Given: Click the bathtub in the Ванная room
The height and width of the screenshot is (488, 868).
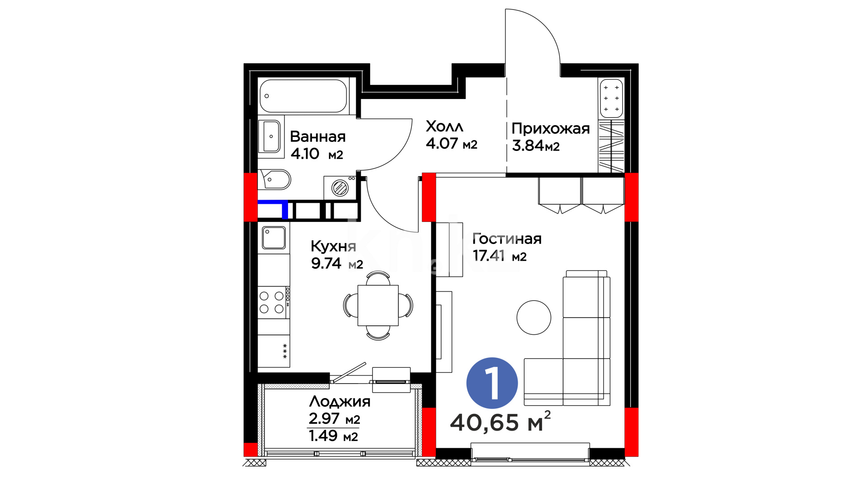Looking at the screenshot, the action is [x=303, y=96].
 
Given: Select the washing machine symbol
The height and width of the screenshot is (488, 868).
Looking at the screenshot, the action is [x=340, y=188].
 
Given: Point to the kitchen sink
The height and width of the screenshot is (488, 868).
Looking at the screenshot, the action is [x=274, y=238].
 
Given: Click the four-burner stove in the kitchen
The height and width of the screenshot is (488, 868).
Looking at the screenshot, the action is [x=274, y=302].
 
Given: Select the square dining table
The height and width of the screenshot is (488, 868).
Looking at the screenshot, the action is [x=378, y=305].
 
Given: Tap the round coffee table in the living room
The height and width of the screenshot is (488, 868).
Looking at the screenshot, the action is [x=534, y=318].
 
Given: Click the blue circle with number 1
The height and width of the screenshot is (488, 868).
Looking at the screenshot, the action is [x=492, y=383].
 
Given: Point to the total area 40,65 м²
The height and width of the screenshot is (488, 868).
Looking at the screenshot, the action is [x=500, y=422].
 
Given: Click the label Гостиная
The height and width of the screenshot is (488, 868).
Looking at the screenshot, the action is [x=507, y=239].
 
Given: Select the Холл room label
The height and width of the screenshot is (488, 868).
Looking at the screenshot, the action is [x=444, y=127].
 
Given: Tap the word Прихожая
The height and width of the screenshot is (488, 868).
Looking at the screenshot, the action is [x=551, y=129].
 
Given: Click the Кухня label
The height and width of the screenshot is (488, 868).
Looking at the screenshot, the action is [x=333, y=247].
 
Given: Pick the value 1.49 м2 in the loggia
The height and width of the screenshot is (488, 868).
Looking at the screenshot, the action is [x=333, y=436].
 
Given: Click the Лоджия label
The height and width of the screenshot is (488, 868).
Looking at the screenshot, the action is [x=340, y=401].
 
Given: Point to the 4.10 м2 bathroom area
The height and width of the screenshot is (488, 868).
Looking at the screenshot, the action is [x=316, y=154].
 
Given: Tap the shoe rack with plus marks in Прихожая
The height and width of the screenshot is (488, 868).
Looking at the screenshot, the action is [x=611, y=99].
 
